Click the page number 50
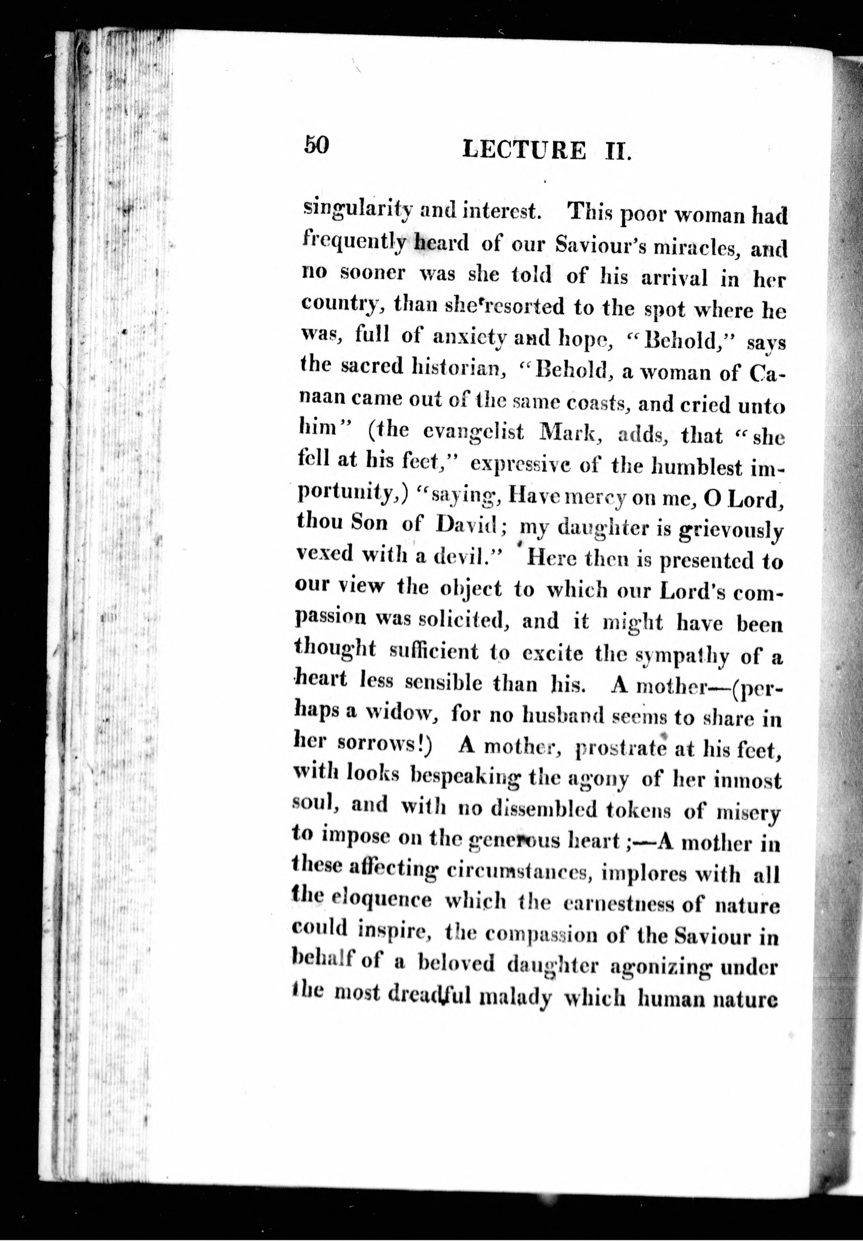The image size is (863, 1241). click(x=316, y=145)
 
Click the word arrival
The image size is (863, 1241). click(x=674, y=278)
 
